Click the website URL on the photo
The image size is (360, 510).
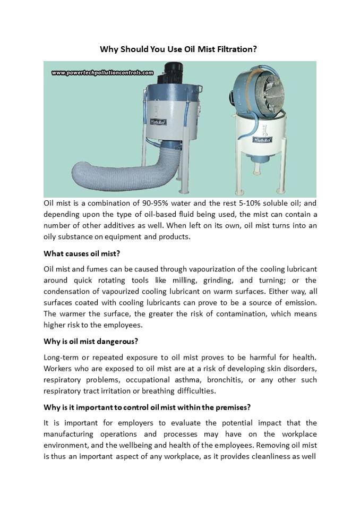coord(102,73)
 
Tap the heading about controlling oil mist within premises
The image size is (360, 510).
coord(148,407)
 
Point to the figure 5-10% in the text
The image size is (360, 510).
coord(244,203)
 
